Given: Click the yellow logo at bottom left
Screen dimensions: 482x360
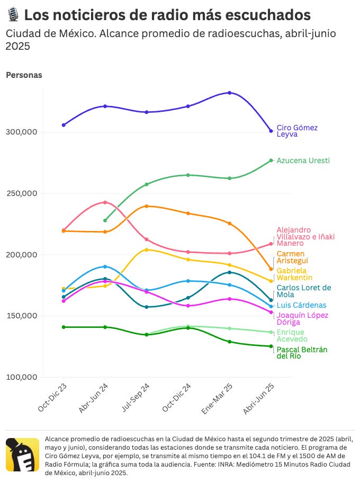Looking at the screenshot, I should click(x=22, y=454).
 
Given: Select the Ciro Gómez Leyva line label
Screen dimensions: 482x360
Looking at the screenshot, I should click(x=297, y=131).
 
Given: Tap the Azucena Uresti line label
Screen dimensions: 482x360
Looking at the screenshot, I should click(x=303, y=160).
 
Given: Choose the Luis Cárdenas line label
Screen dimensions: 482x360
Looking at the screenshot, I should click(x=301, y=305).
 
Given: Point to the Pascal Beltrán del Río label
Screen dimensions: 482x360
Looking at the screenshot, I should click(x=302, y=353).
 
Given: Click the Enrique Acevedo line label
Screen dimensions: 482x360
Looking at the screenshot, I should click(x=292, y=335).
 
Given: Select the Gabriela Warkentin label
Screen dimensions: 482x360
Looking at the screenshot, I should click(x=294, y=274).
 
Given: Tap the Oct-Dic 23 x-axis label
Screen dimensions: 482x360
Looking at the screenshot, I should click(x=52, y=398).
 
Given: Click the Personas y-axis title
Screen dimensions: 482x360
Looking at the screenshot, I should click(x=24, y=75).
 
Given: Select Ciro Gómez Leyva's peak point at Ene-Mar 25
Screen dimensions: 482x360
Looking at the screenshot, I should click(x=229, y=93).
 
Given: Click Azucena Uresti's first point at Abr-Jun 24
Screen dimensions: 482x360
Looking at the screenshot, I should click(x=105, y=220).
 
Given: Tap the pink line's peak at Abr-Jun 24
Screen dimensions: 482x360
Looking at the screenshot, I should click(x=105, y=202).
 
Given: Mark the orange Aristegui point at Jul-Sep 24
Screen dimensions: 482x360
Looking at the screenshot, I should click(x=146, y=206).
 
